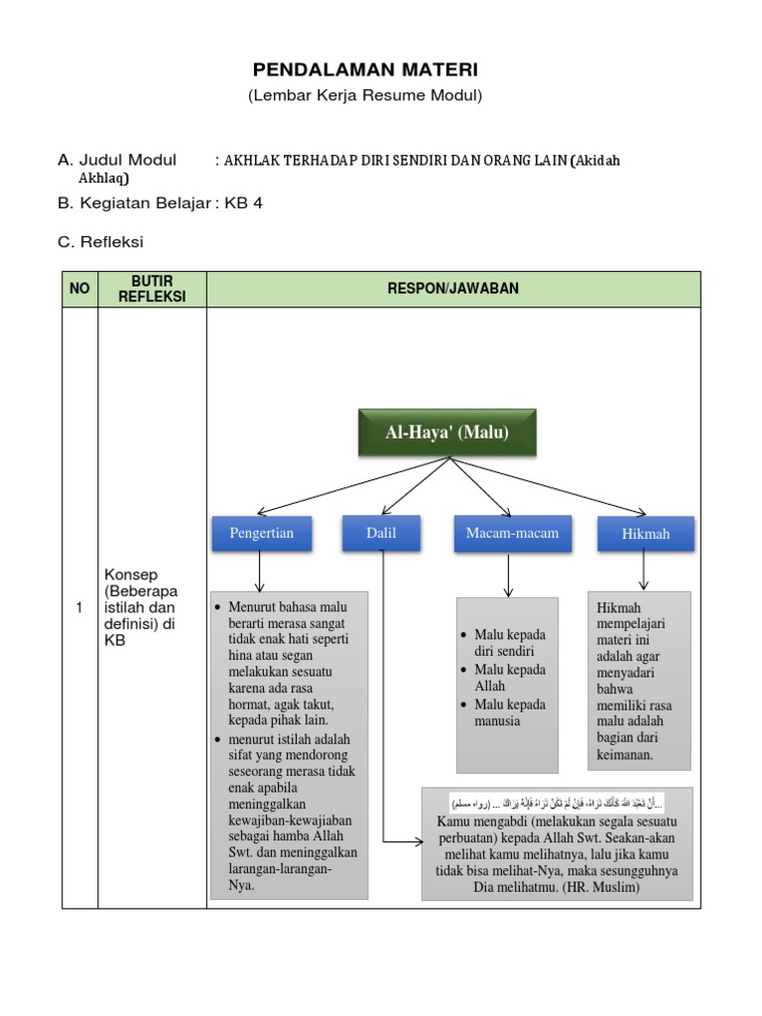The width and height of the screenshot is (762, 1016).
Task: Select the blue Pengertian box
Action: [x=261, y=533]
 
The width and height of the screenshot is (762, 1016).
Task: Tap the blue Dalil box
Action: [x=381, y=533]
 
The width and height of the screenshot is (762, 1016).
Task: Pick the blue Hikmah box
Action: [x=645, y=534]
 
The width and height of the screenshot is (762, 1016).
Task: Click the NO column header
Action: [x=79, y=289]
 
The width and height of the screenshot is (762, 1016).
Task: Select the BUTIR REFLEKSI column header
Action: [x=152, y=289]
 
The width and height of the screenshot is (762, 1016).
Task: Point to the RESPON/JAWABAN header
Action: [x=452, y=289]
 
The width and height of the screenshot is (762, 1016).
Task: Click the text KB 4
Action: [x=244, y=203]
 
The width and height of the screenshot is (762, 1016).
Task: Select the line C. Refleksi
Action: [x=101, y=241]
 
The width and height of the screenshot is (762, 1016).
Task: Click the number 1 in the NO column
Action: [x=78, y=608]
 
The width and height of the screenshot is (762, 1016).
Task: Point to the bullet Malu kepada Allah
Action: [x=510, y=678]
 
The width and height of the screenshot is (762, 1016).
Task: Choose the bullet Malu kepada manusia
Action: [x=510, y=712]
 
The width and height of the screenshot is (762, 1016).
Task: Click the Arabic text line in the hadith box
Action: [x=558, y=801]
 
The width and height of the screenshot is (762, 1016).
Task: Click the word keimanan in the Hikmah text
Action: [x=625, y=755]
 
